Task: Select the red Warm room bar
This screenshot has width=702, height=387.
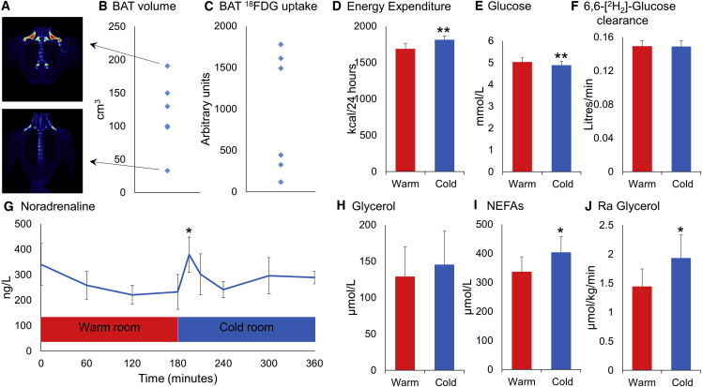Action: coord(109,329)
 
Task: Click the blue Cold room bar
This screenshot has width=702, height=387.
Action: coord(246,329)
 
